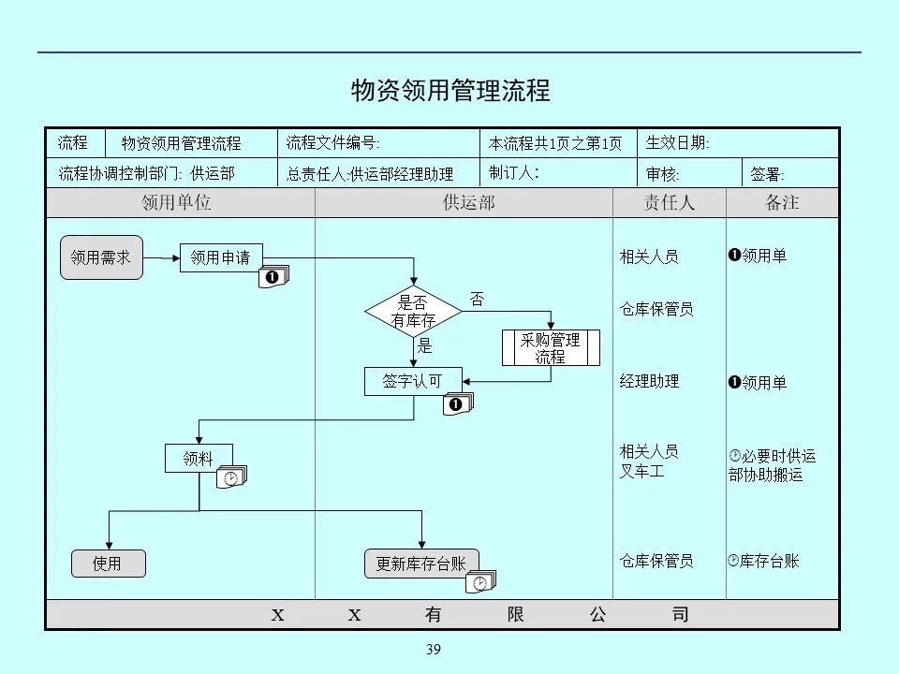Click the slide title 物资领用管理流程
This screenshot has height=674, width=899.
pyautogui.click(x=449, y=91)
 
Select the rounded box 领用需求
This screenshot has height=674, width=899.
pyautogui.click(x=101, y=256)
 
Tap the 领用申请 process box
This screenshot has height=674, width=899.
pyautogui.click(x=221, y=256)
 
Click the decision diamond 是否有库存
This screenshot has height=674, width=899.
pyautogui.click(x=413, y=312)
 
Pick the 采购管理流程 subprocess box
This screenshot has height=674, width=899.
pyautogui.click(x=551, y=347)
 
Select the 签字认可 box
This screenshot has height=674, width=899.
pyautogui.click(x=413, y=381)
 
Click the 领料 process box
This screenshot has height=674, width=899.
pyautogui.click(x=199, y=458)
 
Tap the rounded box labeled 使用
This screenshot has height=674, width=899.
pyautogui.click(x=109, y=563)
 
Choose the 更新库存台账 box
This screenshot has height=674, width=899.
pyautogui.click(x=420, y=563)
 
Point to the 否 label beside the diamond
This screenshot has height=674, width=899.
pyautogui.click(x=478, y=300)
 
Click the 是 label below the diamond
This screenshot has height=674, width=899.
pyautogui.click(x=425, y=346)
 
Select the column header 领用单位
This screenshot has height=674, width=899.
pyautogui.click(x=176, y=203)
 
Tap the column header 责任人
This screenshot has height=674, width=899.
pyautogui.click(x=669, y=203)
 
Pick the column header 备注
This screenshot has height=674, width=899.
pyautogui.click(x=782, y=203)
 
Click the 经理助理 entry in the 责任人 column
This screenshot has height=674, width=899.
pyautogui.click(x=649, y=381)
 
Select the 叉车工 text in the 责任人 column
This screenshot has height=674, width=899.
pyautogui.click(x=641, y=471)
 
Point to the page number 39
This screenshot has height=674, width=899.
pyautogui.click(x=433, y=650)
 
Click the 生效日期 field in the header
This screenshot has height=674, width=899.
pyautogui.click(x=678, y=143)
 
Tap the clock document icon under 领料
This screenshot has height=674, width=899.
pyautogui.click(x=231, y=477)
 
